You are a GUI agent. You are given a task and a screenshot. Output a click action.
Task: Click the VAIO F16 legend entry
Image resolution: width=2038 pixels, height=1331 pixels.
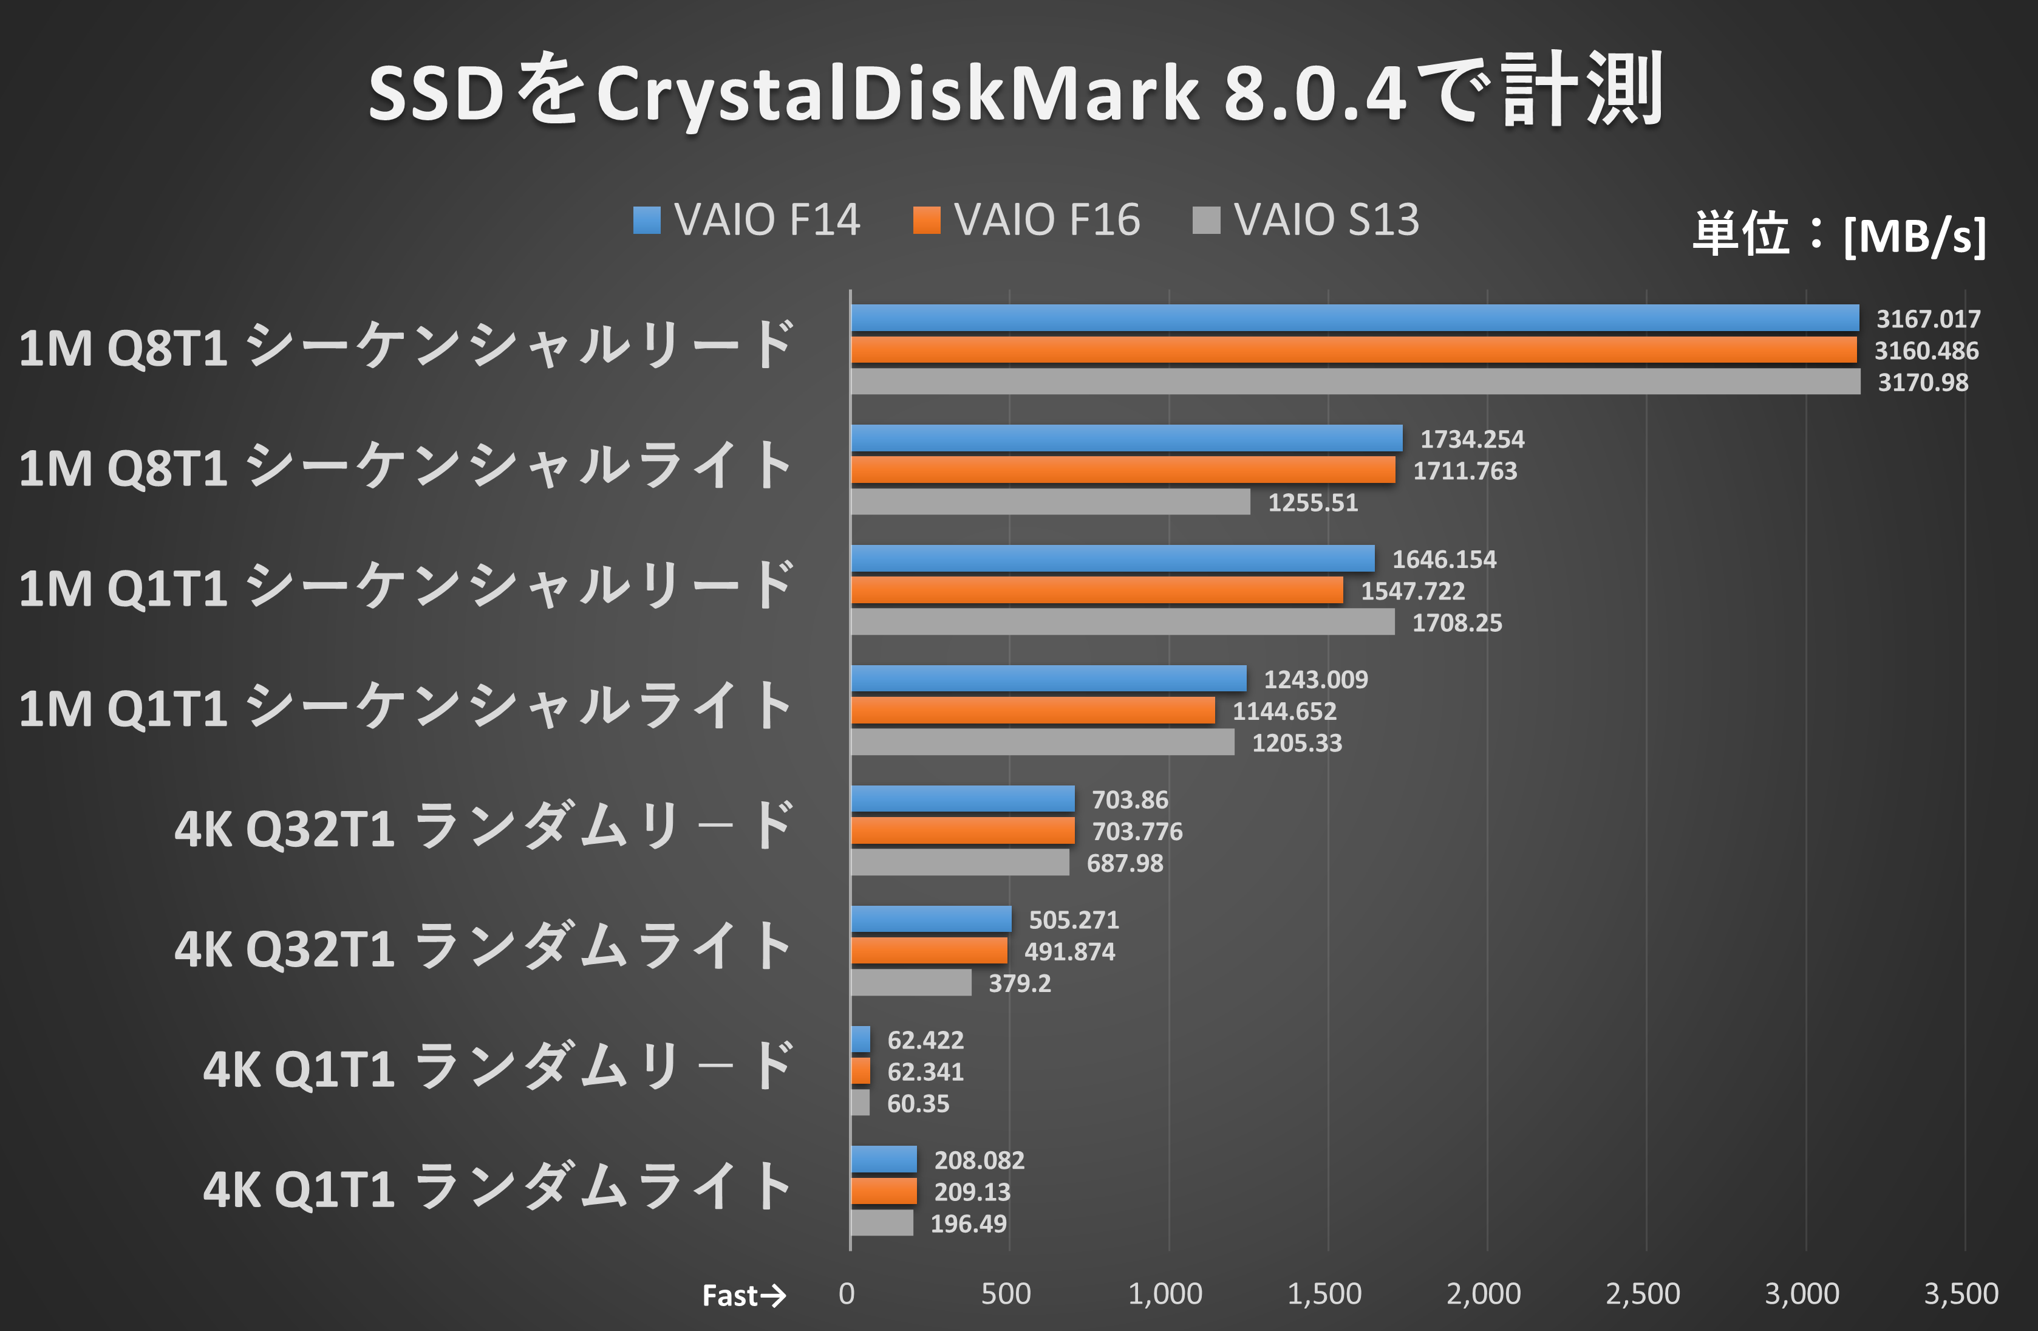tap(1026, 220)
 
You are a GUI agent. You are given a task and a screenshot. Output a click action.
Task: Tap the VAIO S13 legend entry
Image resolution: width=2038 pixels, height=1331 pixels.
tap(1306, 220)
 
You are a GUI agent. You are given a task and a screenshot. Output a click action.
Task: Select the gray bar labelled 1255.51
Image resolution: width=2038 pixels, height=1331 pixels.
tap(1050, 502)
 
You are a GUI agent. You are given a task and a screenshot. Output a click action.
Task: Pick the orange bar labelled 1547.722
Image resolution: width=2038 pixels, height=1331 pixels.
tap(1096, 590)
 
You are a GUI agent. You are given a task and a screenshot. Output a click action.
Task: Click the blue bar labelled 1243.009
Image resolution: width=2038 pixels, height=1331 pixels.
tap(1048, 679)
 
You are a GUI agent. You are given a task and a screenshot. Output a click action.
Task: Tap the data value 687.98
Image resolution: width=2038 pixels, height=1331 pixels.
tap(1124, 863)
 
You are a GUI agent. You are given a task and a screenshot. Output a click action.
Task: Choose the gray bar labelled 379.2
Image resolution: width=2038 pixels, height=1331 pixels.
tap(910, 982)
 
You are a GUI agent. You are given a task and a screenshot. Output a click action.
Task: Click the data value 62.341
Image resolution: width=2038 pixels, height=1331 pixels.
tap(925, 1072)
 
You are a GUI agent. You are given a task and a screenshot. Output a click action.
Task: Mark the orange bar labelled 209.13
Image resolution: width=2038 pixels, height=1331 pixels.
tap(883, 1191)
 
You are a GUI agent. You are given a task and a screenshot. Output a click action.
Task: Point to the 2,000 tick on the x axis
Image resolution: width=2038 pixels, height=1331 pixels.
tap(1483, 1293)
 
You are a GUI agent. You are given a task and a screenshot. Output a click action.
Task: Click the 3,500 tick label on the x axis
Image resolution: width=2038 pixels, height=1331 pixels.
tap(1961, 1293)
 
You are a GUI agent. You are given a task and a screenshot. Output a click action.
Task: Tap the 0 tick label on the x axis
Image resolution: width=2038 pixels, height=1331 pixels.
tap(846, 1293)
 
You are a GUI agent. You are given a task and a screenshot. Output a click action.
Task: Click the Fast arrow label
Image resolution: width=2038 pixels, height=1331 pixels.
tap(743, 1295)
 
